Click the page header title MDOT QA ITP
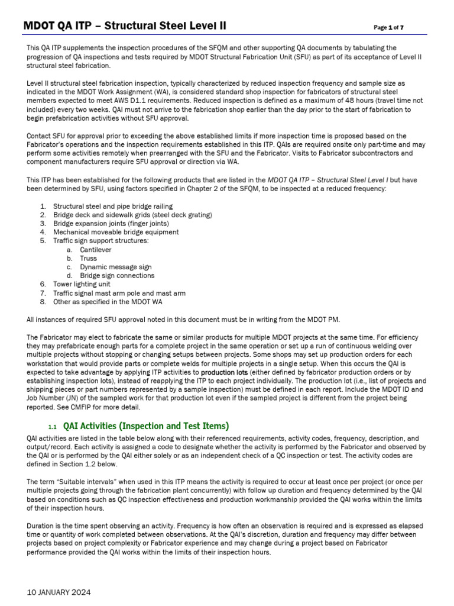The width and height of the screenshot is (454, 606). click(x=124, y=26)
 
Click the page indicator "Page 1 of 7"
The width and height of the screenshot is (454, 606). click(x=389, y=27)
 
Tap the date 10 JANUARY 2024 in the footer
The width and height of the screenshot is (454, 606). click(x=59, y=592)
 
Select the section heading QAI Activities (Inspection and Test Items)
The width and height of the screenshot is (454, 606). click(x=145, y=426)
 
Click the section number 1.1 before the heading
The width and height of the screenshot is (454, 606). click(x=52, y=427)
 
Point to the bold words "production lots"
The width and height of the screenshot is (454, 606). click(x=224, y=372)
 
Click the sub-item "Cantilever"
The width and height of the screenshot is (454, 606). click(x=96, y=250)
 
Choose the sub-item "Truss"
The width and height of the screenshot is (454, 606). click(x=89, y=258)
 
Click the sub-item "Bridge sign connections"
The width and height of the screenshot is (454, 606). click(x=117, y=276)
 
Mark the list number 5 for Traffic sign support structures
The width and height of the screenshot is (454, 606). click(x=43, y=241)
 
